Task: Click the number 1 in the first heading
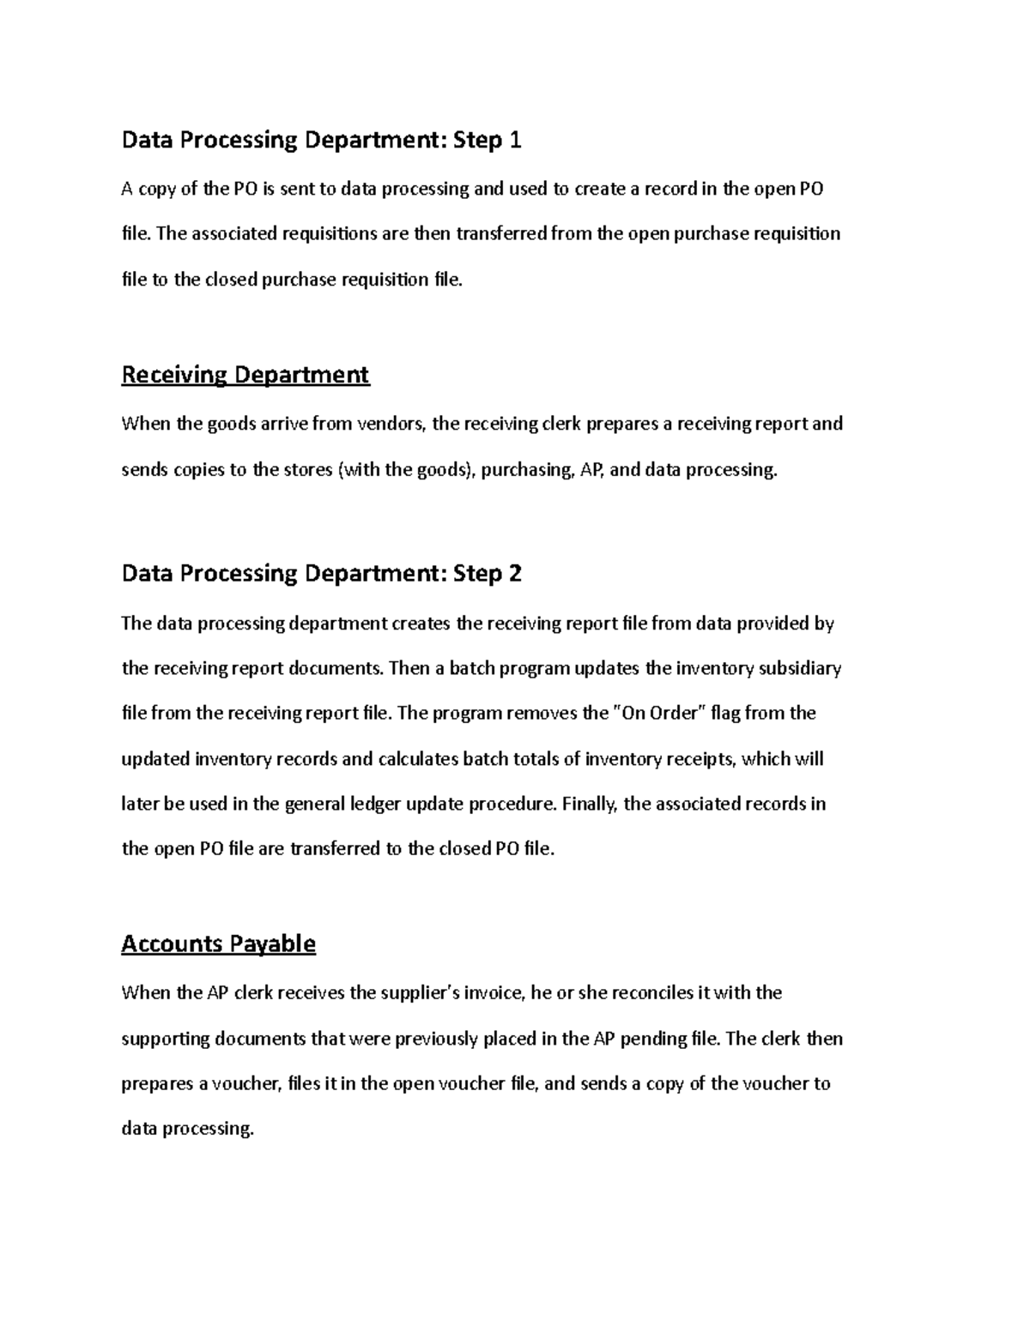[515, 140]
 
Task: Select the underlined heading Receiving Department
[245, 375]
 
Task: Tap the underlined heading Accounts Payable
[218, 944]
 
